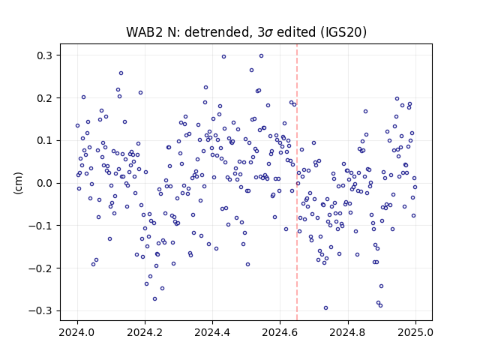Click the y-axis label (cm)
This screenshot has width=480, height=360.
(x=18, y=183)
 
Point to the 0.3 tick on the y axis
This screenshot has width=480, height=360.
(x=44, y=55)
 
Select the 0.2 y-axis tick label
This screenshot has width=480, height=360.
(x=44, y=98)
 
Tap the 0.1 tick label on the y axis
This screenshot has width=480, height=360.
(x=44, y=140)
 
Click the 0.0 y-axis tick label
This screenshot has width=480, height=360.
(x=44, y=183)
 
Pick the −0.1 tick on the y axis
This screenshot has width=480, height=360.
(x=40, y=226)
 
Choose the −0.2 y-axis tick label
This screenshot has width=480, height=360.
(x=40, y=268)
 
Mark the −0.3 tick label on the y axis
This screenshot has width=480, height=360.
(x=40, y=310)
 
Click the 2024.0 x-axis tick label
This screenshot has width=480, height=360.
(x=77, y=331)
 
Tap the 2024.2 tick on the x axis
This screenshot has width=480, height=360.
(x=145, y=331)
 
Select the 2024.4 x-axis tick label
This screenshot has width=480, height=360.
(x=212, y=331)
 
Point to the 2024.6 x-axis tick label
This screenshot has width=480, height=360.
(x=280, y=331)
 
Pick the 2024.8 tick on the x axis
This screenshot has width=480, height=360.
(x=348, y=331)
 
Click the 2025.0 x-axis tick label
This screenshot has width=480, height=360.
(x=415, y=331)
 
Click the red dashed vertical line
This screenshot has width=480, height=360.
(x=297, y=182)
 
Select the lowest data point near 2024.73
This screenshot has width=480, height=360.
(x=325, y=307)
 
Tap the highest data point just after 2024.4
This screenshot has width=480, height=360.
(x=223, y=57)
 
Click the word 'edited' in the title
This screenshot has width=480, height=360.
(x=296, y=32)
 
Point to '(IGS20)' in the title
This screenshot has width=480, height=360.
(x=343, y=32)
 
